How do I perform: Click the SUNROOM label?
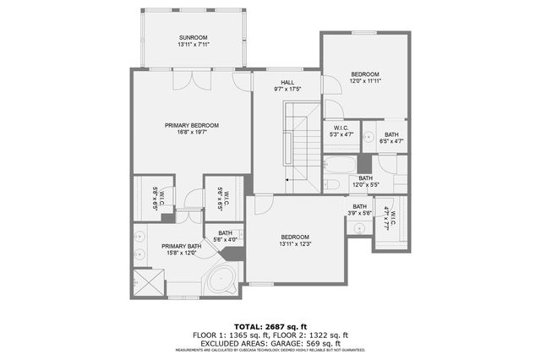coord(192,38)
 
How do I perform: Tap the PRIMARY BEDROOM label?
coord(192,125)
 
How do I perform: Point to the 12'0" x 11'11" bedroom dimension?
coord(365,81)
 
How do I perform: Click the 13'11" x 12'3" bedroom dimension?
coord(294,244)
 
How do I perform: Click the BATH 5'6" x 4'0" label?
coord(225,237)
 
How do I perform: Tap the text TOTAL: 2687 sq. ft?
coord(270,325)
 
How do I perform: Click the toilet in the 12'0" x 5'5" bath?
coord(333,184)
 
